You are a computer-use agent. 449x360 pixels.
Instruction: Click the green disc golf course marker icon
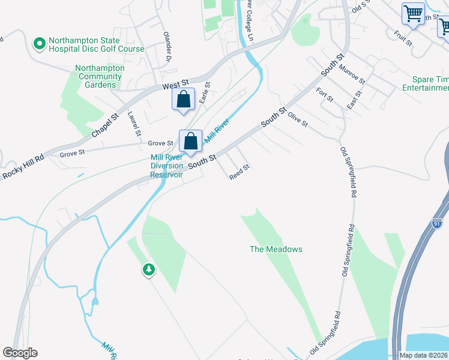pyautogui.click(x=40, y=43)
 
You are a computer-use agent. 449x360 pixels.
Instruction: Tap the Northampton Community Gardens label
pyautogui.click(x=100, y=76)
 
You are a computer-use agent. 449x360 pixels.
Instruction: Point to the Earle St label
pyautogui.click(x=204, y=93)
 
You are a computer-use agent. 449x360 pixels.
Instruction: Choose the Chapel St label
pyautogui.click(x=106, y=125)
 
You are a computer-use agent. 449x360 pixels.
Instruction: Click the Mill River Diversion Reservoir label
pyautogui.click(x=166, y=166)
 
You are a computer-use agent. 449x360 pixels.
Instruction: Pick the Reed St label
pyautogui.click(x=239, y=172)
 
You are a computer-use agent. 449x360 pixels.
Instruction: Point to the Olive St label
pyautogui.click(x=297, y=119)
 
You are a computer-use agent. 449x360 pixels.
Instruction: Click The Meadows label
pyautogui.click(x=276, y=249)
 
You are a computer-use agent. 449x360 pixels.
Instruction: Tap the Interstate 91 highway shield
pyautogui.click(x=438, y=223)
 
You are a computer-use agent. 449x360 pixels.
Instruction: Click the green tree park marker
pyautogui.click(x=148, y=270)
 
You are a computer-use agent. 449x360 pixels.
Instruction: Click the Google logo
pyautogui.click(x=20, y=353)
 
